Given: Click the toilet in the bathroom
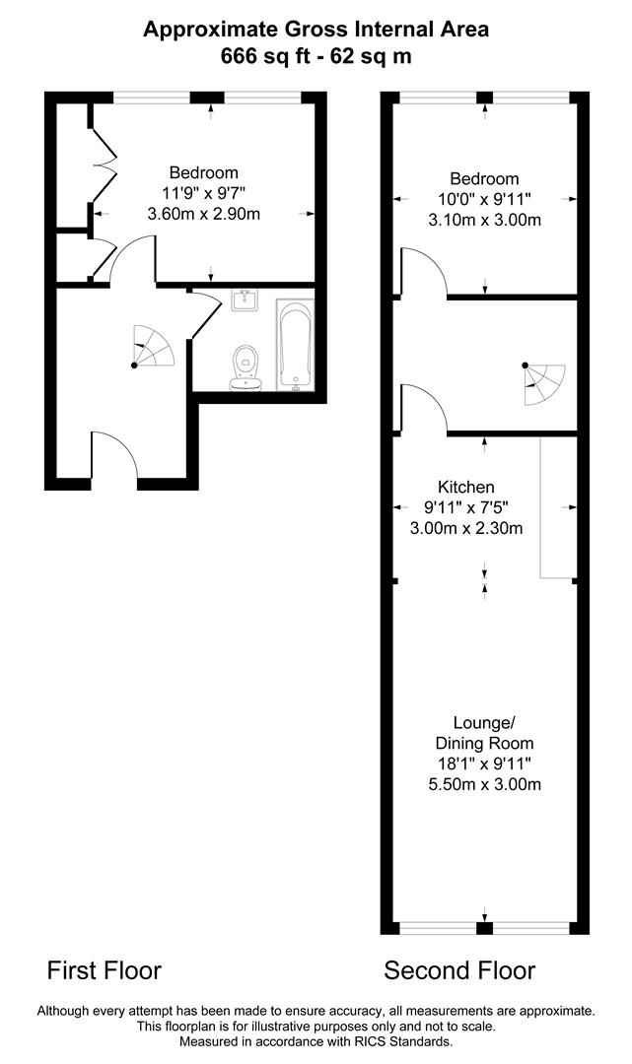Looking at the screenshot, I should tap(245, 367).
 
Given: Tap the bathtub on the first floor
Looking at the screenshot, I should tap(296, 345).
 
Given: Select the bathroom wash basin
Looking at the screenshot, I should tap(245, 299).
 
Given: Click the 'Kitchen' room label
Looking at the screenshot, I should tap(465, 487).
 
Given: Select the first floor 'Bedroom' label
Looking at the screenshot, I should tap(203, 172).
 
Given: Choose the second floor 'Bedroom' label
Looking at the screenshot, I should tap(484, 178).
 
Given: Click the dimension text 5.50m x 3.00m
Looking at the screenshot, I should tap(484, 784).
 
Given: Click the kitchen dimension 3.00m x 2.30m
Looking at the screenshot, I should tap(466, 528).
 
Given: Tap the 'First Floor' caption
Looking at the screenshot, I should tap(105, 970).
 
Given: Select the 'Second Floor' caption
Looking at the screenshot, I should tap(459, 970).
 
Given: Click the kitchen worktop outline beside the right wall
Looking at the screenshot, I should tap(557, 507).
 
